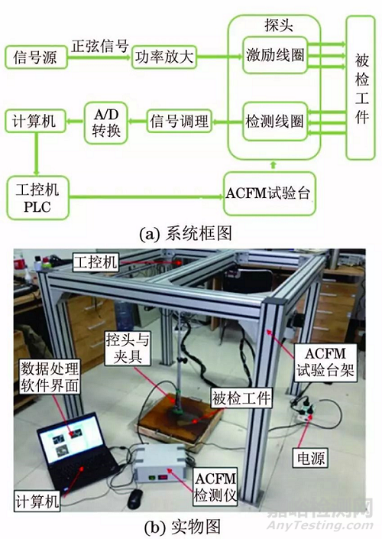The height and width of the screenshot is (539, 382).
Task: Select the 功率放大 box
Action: [x=162, y=57]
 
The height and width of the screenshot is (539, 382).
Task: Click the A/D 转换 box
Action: [x=102, y=121]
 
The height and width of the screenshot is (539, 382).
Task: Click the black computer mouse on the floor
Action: [x=136, y=498]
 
